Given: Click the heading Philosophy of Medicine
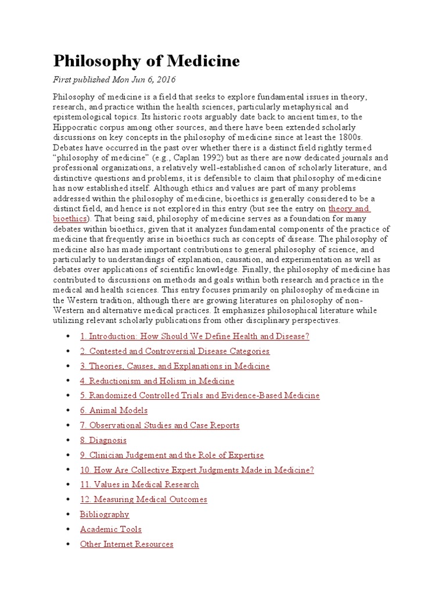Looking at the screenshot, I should [x=146, y=61].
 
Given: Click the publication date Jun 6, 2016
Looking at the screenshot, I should [x=152, y=79].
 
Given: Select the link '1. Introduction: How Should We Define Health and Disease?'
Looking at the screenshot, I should [x=195, y=336].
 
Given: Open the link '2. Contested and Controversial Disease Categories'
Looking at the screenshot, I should [x=175, y=351].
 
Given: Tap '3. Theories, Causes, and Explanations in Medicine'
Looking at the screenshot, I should [x=175, y=366].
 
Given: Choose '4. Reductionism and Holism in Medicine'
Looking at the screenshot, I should [x=157, y=381].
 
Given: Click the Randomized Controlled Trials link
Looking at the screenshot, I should [x=200, y=396].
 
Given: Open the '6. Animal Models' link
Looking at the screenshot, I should [x=114, y=410].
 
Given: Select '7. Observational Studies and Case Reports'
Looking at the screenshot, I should [x=160, y=425].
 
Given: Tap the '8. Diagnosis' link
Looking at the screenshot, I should [x=103, y=440].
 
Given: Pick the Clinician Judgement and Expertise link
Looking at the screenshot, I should [x=172, y=455].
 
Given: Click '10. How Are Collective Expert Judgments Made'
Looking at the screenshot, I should [x=197, y=470].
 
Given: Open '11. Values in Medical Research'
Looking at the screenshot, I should [x=139, y=485].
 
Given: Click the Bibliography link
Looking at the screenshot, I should [x=105, y=514].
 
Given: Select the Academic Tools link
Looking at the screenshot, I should [x=110, y=529].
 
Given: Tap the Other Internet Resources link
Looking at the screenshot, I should [x=127, y=544].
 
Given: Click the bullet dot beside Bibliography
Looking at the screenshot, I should [x=69, y=515].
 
